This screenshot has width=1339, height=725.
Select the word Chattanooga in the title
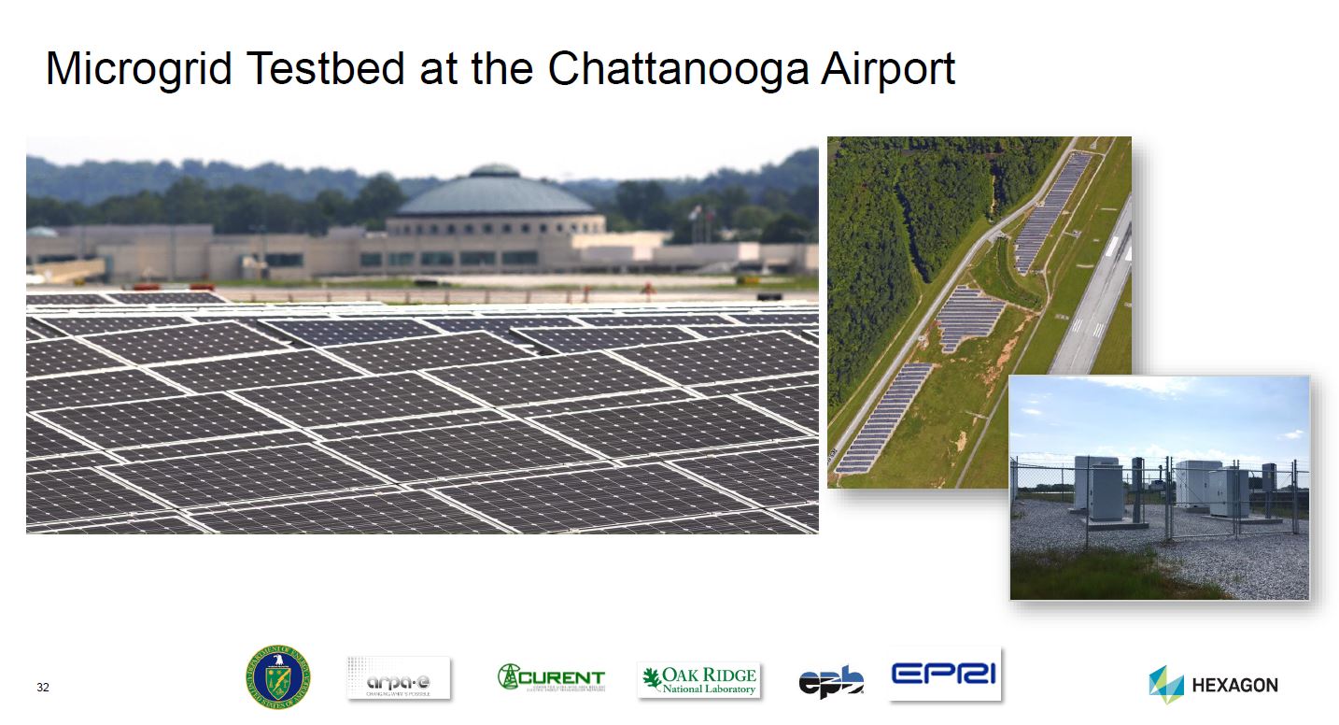tap(664, 70)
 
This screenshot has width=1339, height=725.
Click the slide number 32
tap(42, 689)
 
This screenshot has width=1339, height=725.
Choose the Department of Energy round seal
tap(278, 676)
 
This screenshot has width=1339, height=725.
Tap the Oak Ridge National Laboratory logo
tap(698, 680)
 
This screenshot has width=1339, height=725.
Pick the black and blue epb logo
tap(830, 681)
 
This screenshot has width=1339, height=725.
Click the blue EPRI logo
tap(944, 674)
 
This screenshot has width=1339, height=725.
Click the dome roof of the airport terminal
tap(495, 194)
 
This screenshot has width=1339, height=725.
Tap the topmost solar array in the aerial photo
tap(1053, 210)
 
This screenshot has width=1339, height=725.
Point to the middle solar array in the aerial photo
tap(966, 318)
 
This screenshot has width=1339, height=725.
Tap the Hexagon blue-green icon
tap(1166, 685)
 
